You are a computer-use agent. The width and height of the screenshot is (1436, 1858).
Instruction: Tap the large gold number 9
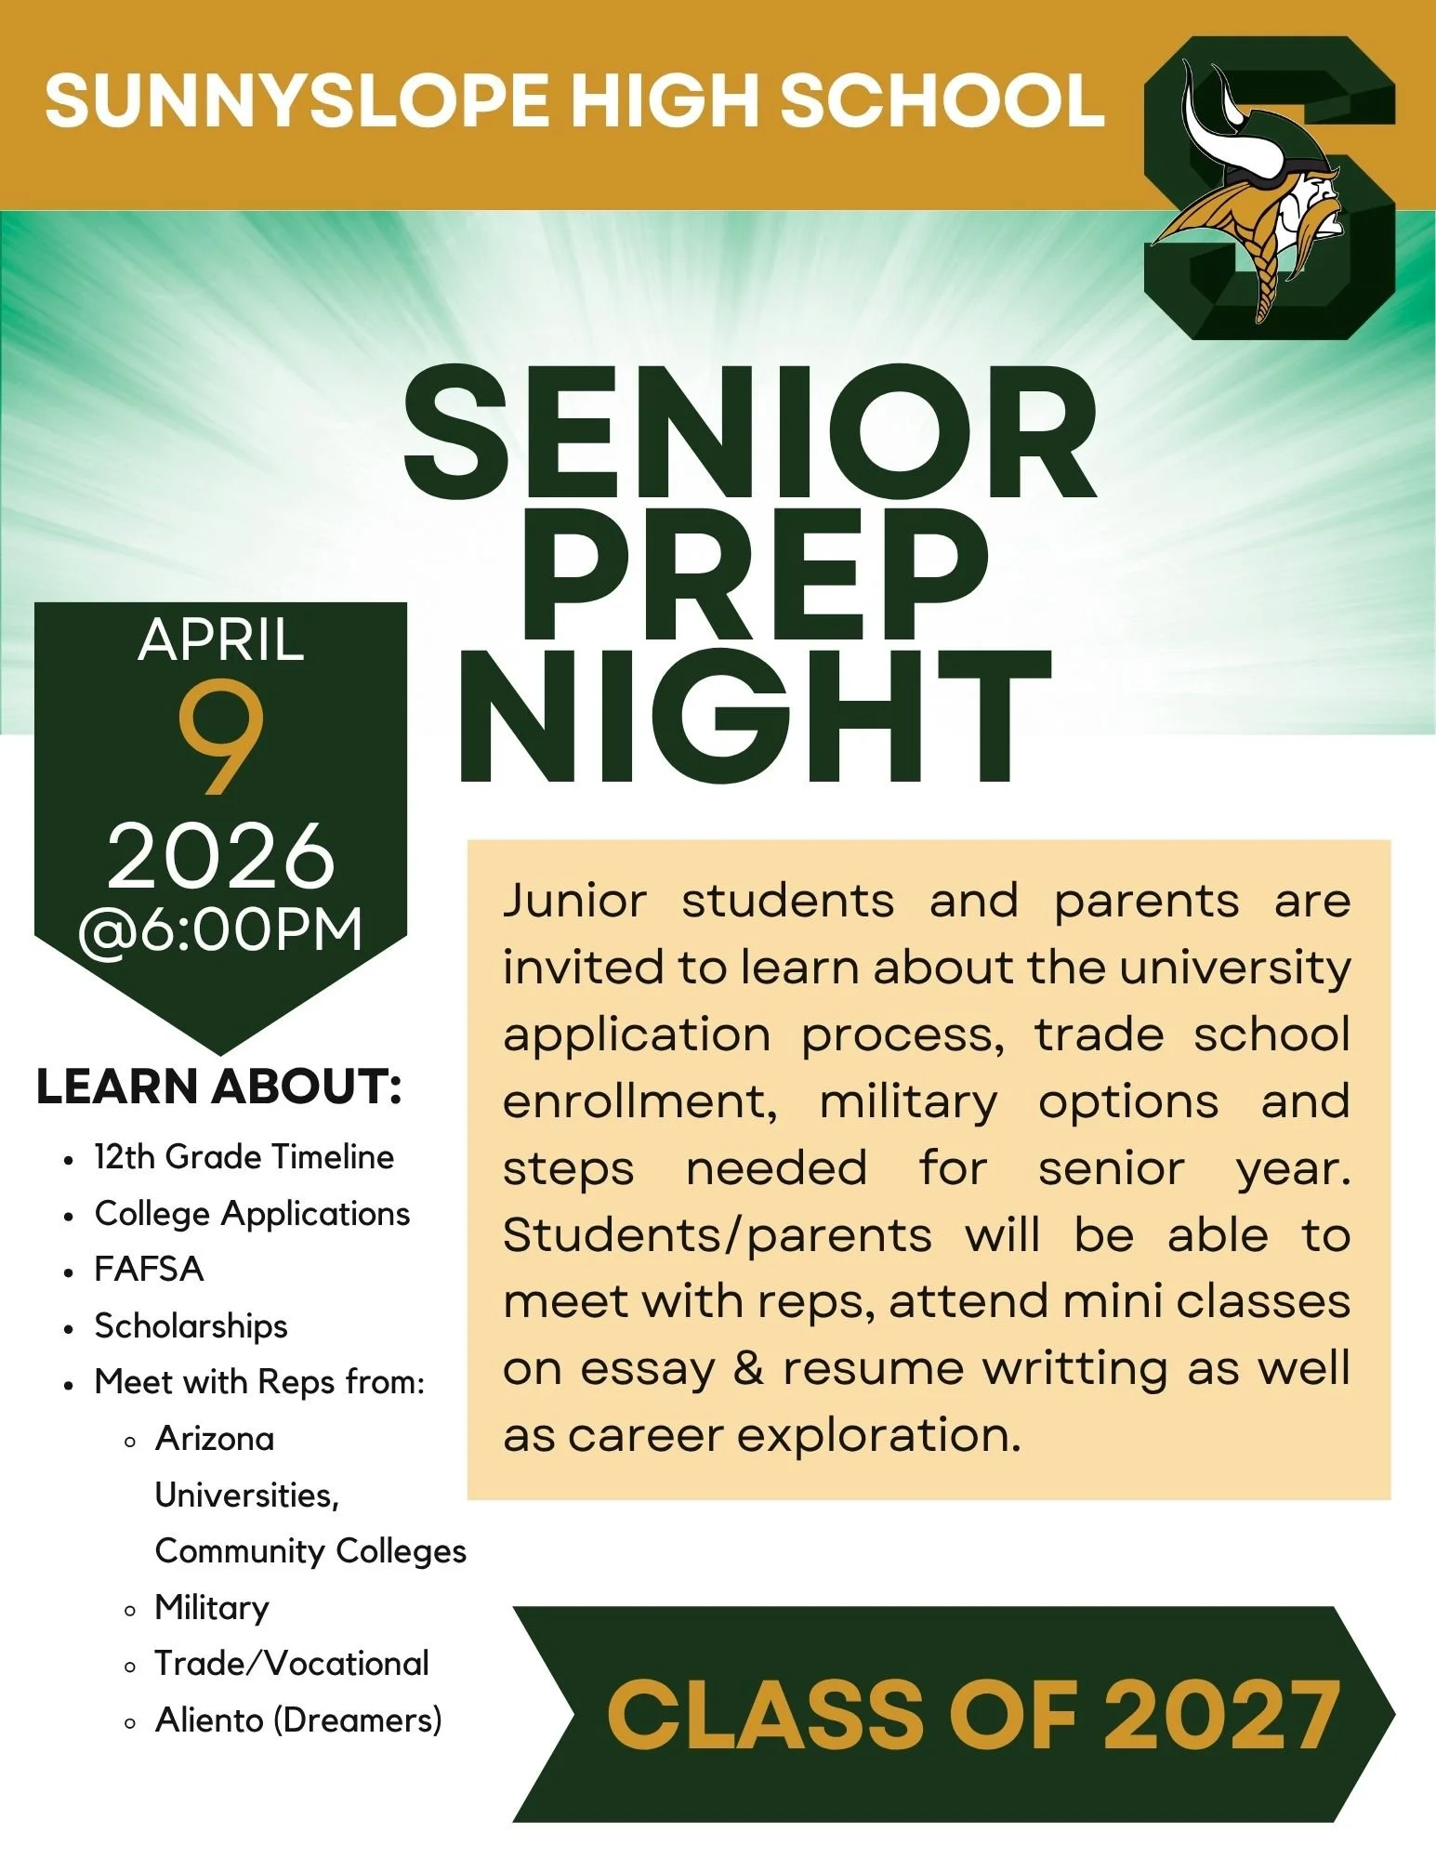[221, 737]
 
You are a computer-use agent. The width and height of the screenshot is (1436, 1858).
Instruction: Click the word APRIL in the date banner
[221, 640]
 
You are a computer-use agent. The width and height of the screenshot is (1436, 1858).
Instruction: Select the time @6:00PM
[221, 929]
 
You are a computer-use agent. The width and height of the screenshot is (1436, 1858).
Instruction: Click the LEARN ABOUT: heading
[219, 1087]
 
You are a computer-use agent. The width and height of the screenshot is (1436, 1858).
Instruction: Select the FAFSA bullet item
[149, 1270]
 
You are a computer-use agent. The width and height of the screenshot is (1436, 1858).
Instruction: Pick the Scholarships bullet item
[191, 1326]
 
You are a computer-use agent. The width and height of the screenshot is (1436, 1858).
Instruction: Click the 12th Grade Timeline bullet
[244, 1157]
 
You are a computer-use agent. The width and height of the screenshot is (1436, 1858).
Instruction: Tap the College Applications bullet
[252, 1214]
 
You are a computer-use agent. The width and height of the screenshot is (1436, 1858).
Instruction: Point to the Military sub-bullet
[212, 1607]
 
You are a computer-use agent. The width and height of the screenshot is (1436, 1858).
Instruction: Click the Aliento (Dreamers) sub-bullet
[297, 1720]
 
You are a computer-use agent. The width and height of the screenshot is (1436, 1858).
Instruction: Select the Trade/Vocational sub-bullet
[292, 1664]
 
